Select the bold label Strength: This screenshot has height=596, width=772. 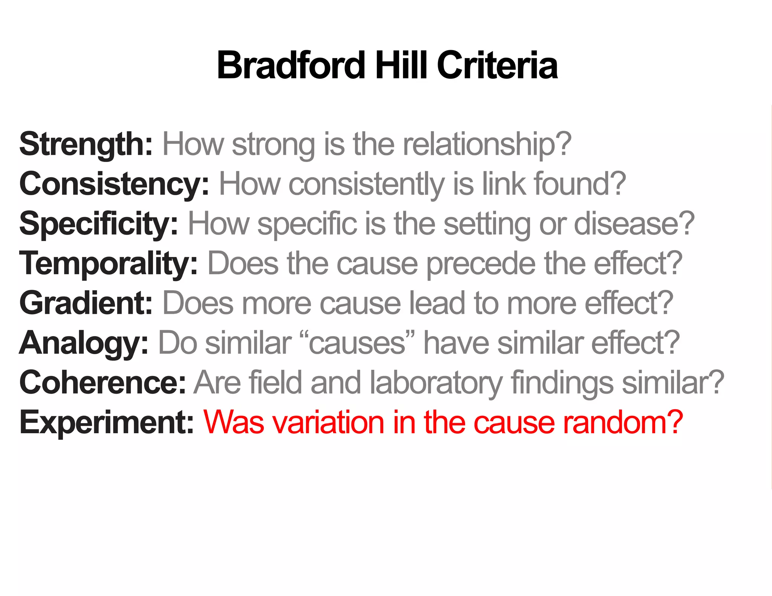[86, 144]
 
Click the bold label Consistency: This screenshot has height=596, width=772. [114, 184]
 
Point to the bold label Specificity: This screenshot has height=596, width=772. [98, 224]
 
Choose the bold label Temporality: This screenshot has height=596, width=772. [108, 264]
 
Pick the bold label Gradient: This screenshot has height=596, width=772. [86, 303]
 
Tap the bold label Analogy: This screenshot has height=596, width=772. [84, 343]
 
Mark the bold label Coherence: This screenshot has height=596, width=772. [103, 383]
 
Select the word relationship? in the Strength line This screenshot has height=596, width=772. [487, 144]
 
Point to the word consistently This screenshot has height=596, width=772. [366, 184]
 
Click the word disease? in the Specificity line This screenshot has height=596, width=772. [634, 224]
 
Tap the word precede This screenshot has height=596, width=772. [481, 264]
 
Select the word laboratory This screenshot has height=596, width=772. [436, 383]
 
